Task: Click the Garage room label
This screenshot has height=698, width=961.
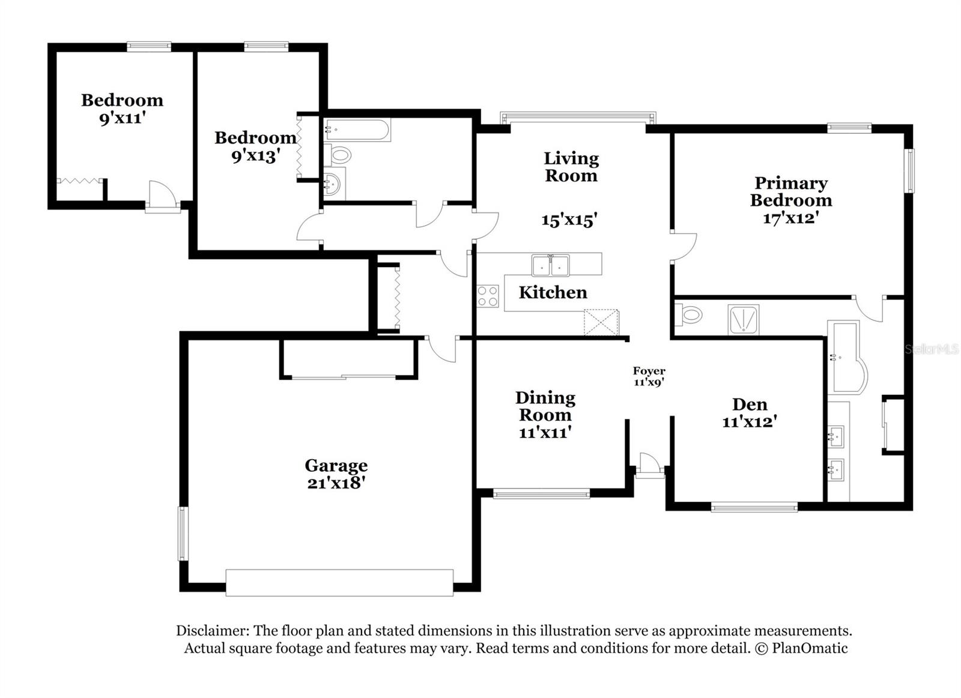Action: click(336, 466)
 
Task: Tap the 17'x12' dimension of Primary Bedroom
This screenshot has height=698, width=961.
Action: click(791, 218)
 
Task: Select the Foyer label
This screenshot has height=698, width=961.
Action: click(649, 372)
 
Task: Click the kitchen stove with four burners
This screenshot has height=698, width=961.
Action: click(488, 296)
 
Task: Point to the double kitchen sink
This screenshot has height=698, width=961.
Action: click(550, 265)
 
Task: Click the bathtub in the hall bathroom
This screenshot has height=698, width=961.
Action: click(357, 130)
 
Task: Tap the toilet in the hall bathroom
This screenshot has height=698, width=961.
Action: click(338, 155)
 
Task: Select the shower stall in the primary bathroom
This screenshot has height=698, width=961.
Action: click(744, 320)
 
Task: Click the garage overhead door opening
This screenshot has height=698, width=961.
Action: click(339, 583)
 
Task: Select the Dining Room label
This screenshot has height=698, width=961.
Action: click(545, 406)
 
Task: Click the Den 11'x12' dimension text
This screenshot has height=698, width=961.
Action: click(750, 422)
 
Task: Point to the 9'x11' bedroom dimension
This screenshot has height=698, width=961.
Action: click(123, 118)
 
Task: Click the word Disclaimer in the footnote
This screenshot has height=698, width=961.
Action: click(211, 631)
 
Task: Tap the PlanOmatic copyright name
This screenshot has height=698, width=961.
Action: click(810, 648)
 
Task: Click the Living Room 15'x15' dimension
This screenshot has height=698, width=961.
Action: click(569, 220)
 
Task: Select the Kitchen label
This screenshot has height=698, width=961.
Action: click(553, 292)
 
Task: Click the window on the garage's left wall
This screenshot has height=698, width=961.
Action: click(182, 534)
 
